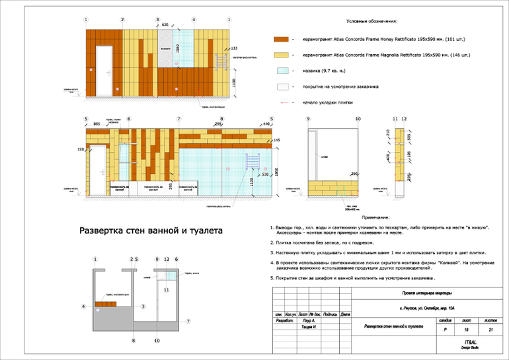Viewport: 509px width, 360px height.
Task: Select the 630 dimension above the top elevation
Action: [165, 24]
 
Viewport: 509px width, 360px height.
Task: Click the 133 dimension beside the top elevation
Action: [233, 48]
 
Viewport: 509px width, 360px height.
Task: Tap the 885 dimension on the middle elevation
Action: [97, 124]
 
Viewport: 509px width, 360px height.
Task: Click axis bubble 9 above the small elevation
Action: [308, 119]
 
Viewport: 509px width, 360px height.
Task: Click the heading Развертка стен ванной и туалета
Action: [151, 231]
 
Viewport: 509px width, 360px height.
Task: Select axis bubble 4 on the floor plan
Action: [83, 306]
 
